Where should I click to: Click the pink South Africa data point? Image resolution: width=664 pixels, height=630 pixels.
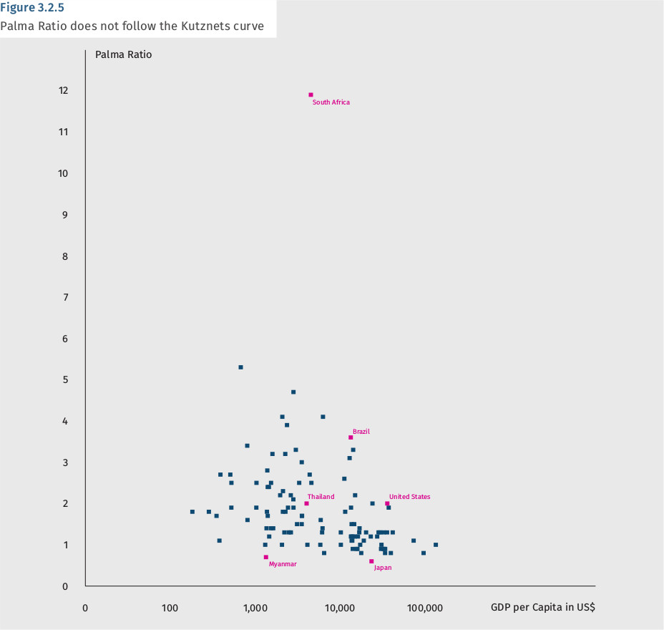(x=311, y=94)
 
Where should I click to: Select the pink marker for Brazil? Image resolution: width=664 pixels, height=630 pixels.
(x=351, y=437)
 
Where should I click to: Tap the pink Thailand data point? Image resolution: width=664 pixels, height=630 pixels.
(x=306, y=503)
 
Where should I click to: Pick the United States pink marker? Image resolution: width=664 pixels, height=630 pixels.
(x=387, y=503)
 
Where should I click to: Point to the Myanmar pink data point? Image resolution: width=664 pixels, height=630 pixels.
(x=265, y=557)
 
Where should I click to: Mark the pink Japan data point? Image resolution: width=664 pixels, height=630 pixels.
(x=371, y=561)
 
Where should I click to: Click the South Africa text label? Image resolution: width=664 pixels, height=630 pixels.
(x=331, y=102)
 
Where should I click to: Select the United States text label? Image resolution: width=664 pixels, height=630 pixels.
(x=409, y=497)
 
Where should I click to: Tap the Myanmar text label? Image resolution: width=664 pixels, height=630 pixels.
(x=283, y=564)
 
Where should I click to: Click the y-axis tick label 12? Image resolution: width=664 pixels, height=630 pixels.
(x=64, y=90)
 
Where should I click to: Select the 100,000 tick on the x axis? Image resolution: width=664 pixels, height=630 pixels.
(x=425, y=608)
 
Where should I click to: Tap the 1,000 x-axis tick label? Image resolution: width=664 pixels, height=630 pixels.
(x=255, y=608)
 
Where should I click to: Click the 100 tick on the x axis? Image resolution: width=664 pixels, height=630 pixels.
(x=170, y=608)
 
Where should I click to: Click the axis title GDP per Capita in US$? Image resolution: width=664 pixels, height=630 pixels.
(x=542, y=607)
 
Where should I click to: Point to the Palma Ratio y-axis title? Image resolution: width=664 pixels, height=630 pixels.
(x=123, y=54)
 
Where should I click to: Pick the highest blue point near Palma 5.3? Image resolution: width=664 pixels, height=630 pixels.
(x=240, y=367)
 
